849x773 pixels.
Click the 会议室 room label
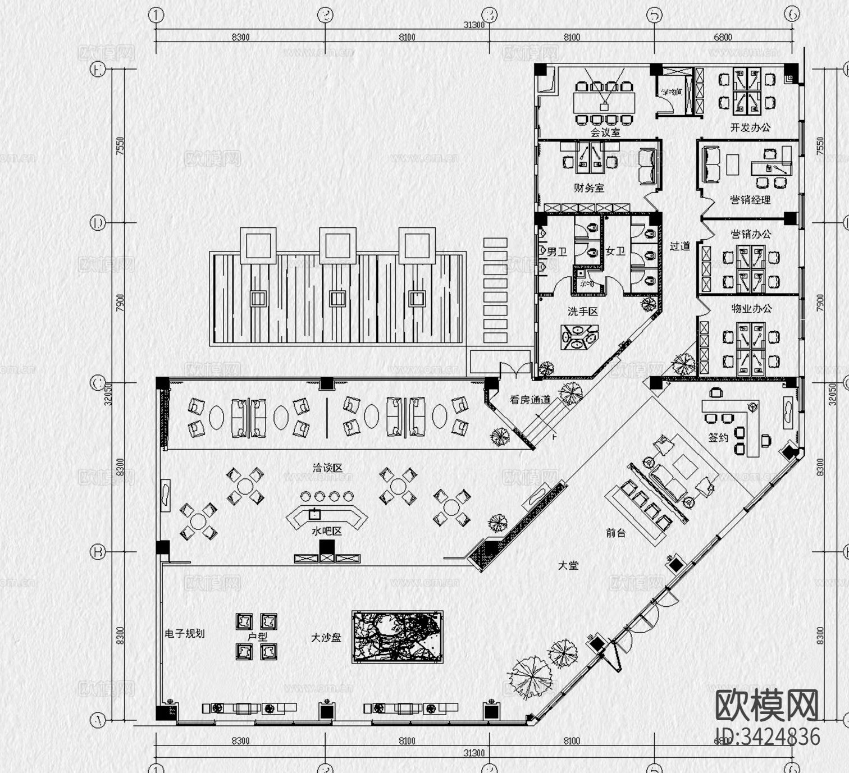pyautogui.click(x=605, y=132)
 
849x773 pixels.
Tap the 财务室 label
pyautogui.click(x=588, y=187)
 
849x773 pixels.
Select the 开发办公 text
pyautogui.click(x=750, y=127)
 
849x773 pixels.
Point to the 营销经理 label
pyautogui.click(x=750, y=199)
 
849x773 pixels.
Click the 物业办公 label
pyautogui.click(x=751, y=308)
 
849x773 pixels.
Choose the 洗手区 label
pyautogui.click(x=582, y=311)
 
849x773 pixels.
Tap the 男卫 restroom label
pyautogui.click(x=556, y=252)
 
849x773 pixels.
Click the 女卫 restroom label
pyautogui.click(x=615, y=251)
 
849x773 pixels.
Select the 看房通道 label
pyautogui.click(x=530, y=400)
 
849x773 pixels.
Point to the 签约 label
pyautogui.click(x=718, y=437)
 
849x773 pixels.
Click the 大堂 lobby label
pyautogui.click(x=568, y=565)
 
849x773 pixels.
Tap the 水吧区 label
pyautogui.click(x=326, y=531)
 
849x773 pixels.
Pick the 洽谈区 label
pyautogui.click(x=327, y=468)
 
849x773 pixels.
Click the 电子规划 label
pyautogui.click(x=184, y=633)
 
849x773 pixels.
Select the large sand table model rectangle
pyautogui.click(x=398, y=637)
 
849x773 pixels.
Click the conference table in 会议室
pyautogui.click(x=604, y=102)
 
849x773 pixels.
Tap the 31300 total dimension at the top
pyautogui.click(x=474, y=25)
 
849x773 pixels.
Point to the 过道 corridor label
pyautogui.click(x=679, y=246)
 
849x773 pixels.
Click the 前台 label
pyautogui.click(x=615, y=533)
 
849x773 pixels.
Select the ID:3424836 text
pyautogui.click(x=768, y=737)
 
